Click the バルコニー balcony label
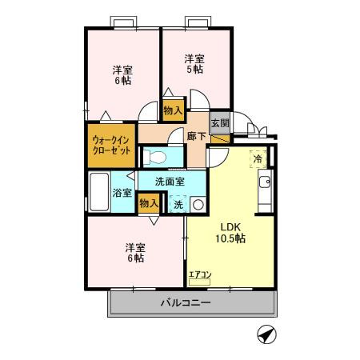pyautogui.click(x=185, y=303)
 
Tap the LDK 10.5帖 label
pyautogui.click(x=230, y=232)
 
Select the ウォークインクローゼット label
pyautogui.click(x=110, y=145)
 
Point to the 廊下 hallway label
pyautogui.click(x=197, y=137)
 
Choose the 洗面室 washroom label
pyautogui.click(x=169, y=181)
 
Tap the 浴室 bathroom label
pyautogui.click(x=122, y=193)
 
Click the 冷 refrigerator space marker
pyautogui.click(x=258, y=159)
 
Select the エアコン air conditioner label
pyautogui.click(x=199, y=276)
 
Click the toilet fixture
pyautogui.click(x=158, y=155)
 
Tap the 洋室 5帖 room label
pyautogui.click(x=194, y=63)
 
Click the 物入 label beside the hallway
pyautogui.click(x=173, y=110)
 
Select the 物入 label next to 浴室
pyautogui.click(x=148, y=203)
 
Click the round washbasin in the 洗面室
pyautogui.click(x=198, y=204)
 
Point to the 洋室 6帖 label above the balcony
pyautogui.click(x=134, y=252)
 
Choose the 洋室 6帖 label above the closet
pyautogui.click(x=122, y=75)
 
